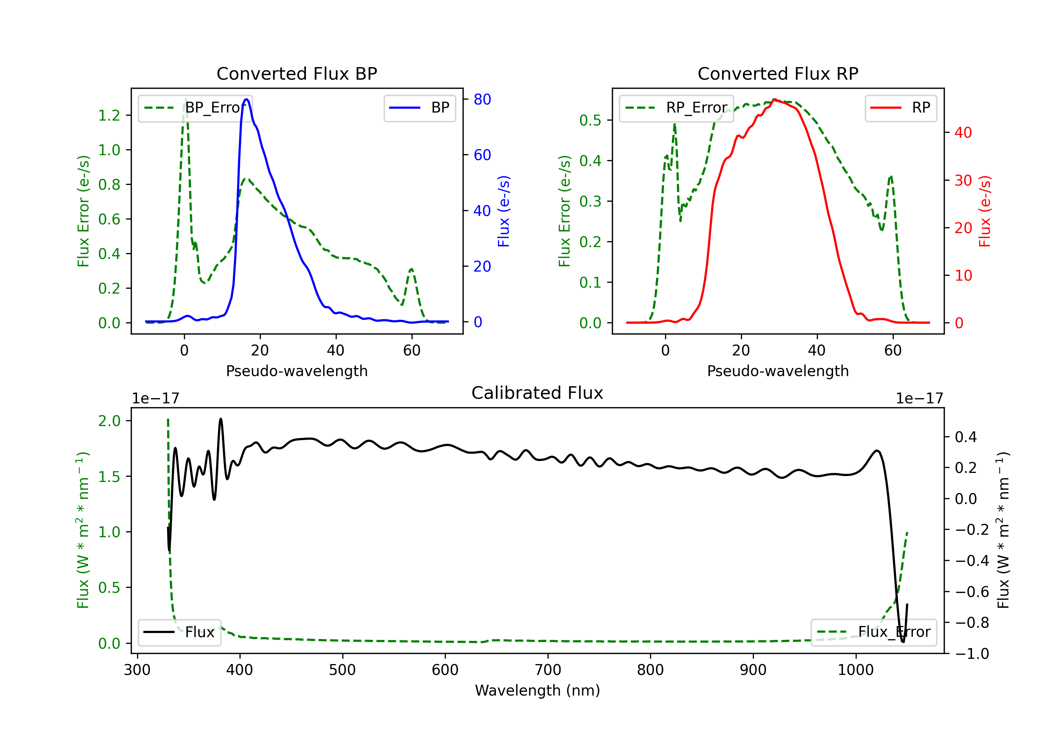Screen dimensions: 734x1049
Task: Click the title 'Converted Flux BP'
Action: click(x=297, y=73)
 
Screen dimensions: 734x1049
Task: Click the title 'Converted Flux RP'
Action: click(x=778, y=73)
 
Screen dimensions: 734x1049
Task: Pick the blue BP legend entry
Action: click(x=419, y=108)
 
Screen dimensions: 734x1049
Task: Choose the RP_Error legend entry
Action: click(x=676, y=108)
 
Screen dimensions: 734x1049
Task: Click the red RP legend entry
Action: click(x=900, y=108)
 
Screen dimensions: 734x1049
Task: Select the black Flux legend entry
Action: click(x=179, y=632)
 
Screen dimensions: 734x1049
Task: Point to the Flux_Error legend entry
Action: click(x=873, y=632)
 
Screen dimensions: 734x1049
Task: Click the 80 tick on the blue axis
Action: click(x=482, y=99)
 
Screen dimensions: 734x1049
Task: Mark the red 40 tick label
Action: click(x=963, y=132)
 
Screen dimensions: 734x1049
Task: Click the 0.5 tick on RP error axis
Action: click(x=590, y=120)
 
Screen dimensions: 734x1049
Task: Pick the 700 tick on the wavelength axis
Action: click(x=548, y=670)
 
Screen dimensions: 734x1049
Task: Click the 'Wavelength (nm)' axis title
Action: click(x=537, y=690)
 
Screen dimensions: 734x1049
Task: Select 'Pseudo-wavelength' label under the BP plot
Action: click(x=297, y=371)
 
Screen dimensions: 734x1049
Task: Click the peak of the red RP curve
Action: click(x=774, y=100)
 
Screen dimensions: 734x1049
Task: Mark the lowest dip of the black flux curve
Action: click(x=903, y=642)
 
